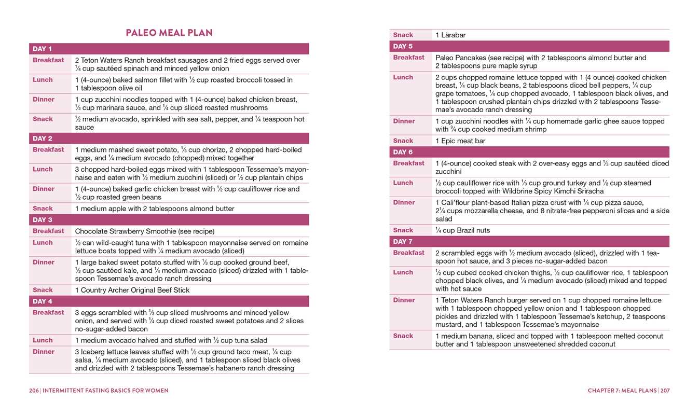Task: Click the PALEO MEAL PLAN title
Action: (x=169, y=33)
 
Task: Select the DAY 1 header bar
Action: (x=169, y=49)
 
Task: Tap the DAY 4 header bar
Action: (x=169, y=301)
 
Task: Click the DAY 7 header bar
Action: (x=529, y=241)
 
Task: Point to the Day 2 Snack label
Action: (x=43, y=209)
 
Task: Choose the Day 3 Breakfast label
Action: (x=48, y=231)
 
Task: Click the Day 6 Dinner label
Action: (x=404, y=202)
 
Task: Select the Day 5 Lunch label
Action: (x=403, y=77)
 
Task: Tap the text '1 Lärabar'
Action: (x=450, y=35)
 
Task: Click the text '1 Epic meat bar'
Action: (x=460, y=141)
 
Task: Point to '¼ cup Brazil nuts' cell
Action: (x=462, y=230)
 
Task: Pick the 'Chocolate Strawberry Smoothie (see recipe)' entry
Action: (x=145, y=231)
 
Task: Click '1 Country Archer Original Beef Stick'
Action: (x=132, y=290)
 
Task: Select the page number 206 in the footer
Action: (x=34, y=391)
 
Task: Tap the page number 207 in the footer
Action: (x=665, y=391)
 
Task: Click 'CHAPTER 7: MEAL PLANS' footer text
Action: (x=622, y=391)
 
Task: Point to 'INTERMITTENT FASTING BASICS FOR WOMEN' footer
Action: (x=105, y=391)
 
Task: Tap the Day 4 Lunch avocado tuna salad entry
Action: (x=171, y=340)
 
